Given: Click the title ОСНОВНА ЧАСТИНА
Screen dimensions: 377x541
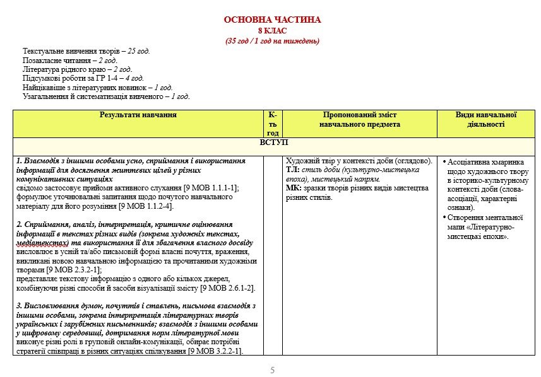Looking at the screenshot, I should (x=272, y=20).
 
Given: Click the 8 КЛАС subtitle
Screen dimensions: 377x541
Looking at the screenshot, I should (x=272, y=31).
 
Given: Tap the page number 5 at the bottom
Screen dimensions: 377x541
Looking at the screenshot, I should (x=273, y=370).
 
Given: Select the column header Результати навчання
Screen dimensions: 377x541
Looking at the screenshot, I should (x=138, y=115).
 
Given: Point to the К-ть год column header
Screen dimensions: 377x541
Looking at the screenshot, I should (x=273, y=124).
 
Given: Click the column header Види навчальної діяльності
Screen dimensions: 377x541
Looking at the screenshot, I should (x=486, y=120).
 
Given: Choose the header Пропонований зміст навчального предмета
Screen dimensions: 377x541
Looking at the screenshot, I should (x=359, y=120).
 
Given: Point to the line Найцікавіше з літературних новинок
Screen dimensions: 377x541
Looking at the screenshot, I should (x=98, y=88).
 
